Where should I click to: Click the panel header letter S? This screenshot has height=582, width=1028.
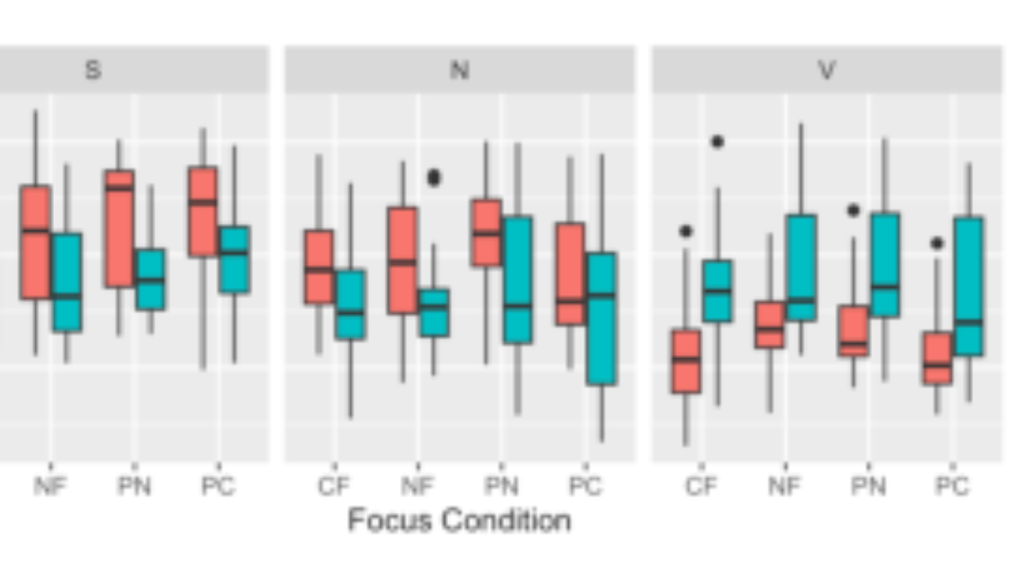point(93,70)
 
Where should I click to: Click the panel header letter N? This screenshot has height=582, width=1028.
point(459,70)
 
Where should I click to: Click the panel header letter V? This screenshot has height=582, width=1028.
point(827,70)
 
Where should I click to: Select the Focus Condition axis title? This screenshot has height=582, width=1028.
point(459,520)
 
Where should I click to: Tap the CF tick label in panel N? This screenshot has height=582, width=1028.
point(334,486)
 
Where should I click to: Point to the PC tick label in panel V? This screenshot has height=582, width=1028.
point(953,486)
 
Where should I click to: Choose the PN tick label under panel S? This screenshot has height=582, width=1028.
point(134,486)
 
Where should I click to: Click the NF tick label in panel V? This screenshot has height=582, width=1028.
point(785,486)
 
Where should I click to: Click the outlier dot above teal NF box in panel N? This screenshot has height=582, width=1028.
point(433,177)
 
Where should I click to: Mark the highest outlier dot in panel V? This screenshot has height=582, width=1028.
point(717,142)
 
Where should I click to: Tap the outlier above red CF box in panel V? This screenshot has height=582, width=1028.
point(685,231)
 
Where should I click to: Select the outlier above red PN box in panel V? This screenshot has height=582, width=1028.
point(853,210)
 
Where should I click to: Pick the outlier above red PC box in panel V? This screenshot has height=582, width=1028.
point(936,243)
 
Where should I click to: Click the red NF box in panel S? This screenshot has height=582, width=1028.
point(35,242)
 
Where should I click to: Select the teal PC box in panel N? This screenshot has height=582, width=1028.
point(601,318)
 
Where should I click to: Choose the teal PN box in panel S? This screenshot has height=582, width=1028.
point(150,279)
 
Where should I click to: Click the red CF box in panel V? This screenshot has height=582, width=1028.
point(686,362)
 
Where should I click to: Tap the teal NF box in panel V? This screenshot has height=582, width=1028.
point(801,267)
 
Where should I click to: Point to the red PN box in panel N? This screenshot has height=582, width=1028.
point(486,232)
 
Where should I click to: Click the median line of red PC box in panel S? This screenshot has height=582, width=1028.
point(203,202)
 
